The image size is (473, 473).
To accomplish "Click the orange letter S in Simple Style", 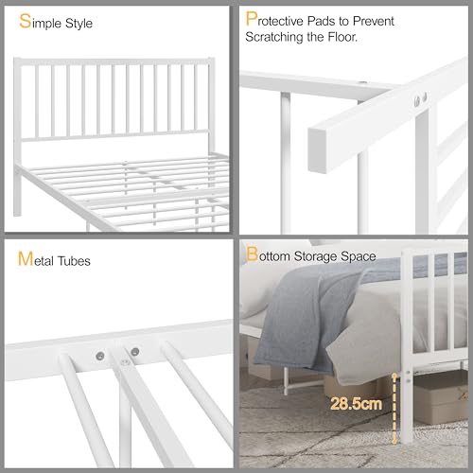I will pyautogui.click(x=23, y=20).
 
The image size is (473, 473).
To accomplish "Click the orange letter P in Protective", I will pyautogui.click(x=251, y=20).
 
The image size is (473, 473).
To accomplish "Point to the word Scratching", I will pyautogui.click(x=281, y=38).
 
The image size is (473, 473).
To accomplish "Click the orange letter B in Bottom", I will pyautogui.click(x=252, y=255).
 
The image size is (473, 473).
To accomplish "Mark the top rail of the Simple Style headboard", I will pyautogui.click(x=114, y=58).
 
